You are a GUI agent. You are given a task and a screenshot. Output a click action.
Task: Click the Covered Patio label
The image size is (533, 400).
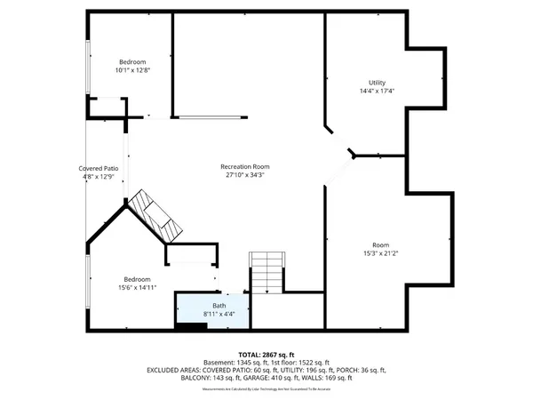(x=99, y=168)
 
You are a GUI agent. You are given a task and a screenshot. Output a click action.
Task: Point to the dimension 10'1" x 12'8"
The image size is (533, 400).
(x=132, y=70)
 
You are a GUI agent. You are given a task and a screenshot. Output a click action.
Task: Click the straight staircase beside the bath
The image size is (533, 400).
(x=266, y=272)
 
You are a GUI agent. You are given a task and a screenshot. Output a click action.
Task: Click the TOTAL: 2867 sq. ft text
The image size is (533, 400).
(x=266, y=354)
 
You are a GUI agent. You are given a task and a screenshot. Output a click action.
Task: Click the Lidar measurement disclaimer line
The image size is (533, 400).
(x=266, y=388)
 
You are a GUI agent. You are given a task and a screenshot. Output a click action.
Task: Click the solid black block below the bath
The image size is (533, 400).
(x=189, y=327)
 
